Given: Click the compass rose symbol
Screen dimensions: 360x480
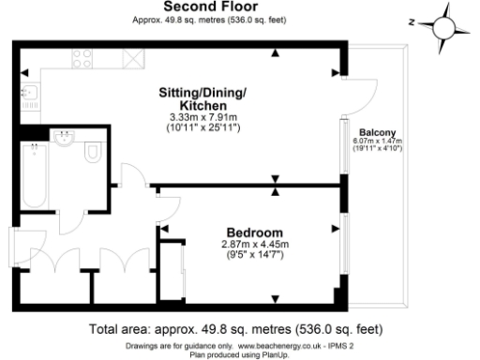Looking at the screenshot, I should [x=436, y=23].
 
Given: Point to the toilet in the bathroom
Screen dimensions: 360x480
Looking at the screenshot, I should [x=92, y=154].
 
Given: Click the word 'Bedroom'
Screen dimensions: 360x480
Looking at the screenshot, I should [x=249, y=232].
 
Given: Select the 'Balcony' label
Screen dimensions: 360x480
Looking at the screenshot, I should [x=377, y=132].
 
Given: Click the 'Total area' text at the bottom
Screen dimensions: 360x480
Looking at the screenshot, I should [x=235, y=330].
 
